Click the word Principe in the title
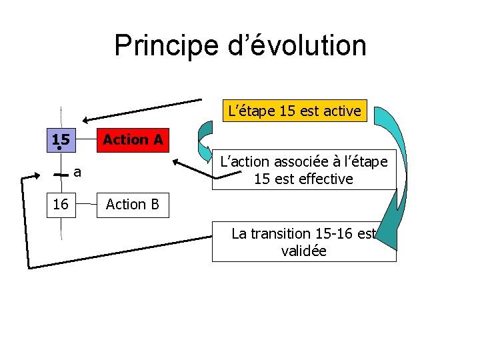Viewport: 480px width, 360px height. (166, 46)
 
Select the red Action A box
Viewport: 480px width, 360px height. (133, 139)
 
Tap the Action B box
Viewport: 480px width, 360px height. (133, 204)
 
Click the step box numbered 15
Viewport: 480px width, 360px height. (61, 139)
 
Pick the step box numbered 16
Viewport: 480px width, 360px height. (61, 204)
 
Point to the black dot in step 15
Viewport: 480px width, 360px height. (60, 149)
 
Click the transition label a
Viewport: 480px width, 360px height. (77, 173)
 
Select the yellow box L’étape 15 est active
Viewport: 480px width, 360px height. (294, 110)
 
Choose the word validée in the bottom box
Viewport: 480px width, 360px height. (305, 252)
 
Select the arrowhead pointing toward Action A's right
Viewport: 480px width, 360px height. (177, 162)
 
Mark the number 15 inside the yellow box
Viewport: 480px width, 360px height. (287, 110)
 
